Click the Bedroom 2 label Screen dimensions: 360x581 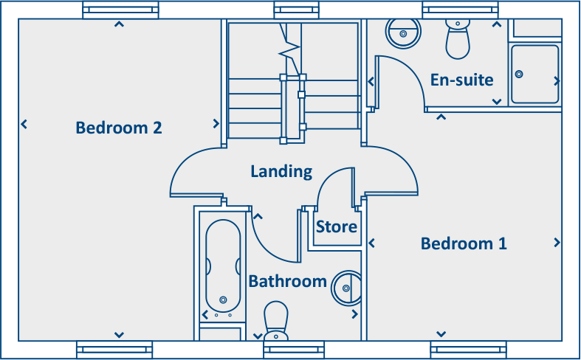tap(119, 128)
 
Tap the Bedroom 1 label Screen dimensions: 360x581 tap(464, 243)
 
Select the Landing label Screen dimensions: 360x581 tap(281, 172)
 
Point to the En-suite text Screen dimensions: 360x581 tap(462, 80)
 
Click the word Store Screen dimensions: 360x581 tap(337, 226)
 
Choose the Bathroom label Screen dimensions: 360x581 tap(287, 281)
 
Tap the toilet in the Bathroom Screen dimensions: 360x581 tap(276, 318)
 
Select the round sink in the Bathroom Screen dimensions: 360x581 tap(345, 287)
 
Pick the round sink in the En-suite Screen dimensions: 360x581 tap(403, 32)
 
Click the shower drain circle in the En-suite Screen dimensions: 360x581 tap(519, 74)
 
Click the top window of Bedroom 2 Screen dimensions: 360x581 tap(120, 10)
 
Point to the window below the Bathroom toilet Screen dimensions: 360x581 tap(293, 349)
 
